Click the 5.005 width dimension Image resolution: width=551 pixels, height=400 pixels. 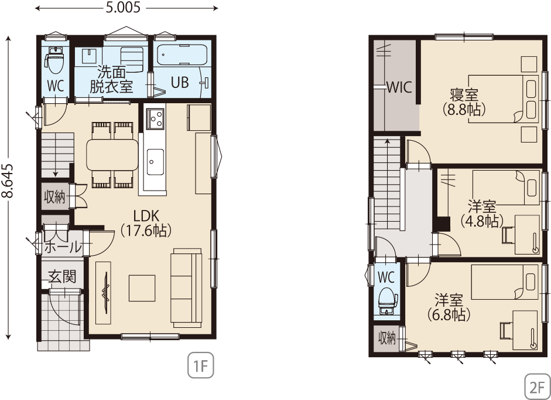[x=123, y=8]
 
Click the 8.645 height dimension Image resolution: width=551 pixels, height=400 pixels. [x=8, y=181]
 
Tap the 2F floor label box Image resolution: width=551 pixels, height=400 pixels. [x=538, y=387]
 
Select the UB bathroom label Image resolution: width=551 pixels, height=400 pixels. [x=180, y=82]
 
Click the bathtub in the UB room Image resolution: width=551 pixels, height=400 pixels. [x=182, y=55]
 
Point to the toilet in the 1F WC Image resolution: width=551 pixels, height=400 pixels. [x=54, y=60]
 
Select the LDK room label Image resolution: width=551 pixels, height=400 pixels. [x=146, y=215]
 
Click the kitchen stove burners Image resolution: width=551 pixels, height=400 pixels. [x=155, y=118]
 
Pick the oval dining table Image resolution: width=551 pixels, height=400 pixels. [x=112, y=155]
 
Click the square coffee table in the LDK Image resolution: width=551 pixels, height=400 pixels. [x=142, y=288]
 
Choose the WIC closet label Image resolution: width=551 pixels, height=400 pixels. [x=399, y=87]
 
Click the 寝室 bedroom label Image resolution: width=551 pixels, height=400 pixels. [x=464, y=94]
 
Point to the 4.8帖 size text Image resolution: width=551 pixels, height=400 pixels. [x=482, y=221]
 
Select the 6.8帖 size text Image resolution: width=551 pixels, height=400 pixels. [x=449, y=314]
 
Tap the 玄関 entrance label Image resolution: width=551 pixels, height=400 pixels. [x=62, y=276]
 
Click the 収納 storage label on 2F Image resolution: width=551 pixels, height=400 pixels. [x=387, y=338]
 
